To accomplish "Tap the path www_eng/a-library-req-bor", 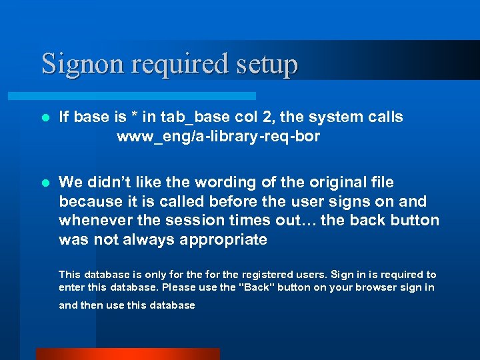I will (x=218, y=137).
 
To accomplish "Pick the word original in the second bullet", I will (x=348, y=182).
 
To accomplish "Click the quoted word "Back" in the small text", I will (x=256, y=287).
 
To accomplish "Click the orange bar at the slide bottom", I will (x=127, y=354).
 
